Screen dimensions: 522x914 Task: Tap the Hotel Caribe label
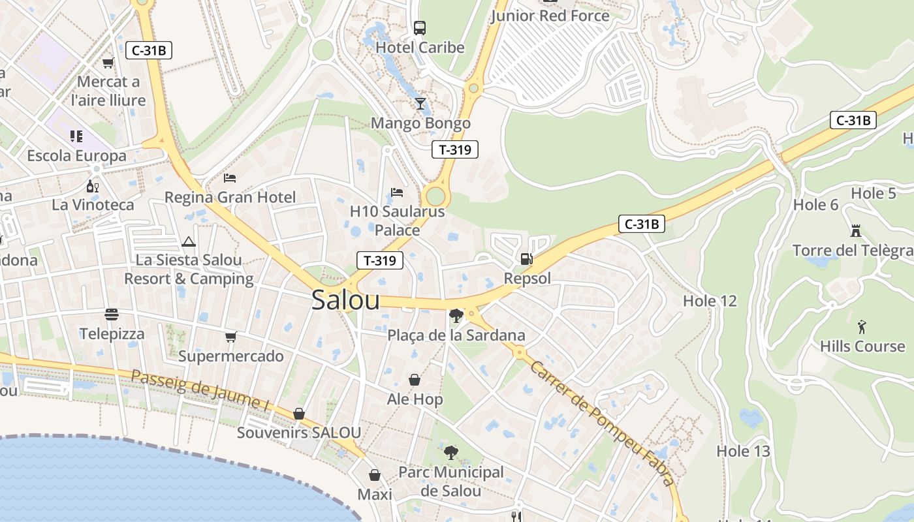point(420,48)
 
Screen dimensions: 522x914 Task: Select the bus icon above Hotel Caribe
point(420,28)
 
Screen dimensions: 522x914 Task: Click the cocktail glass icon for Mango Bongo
point(420,103)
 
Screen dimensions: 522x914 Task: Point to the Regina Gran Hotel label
point(230,197)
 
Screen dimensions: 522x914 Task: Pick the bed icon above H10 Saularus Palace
point(397,192)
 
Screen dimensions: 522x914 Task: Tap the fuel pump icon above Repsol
point(526,259)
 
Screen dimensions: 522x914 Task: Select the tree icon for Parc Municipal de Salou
point(450,452)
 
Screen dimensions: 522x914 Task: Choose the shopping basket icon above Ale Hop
point(414,379)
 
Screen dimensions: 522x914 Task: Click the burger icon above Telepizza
point(112,315)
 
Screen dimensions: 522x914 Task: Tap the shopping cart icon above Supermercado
point(230,337)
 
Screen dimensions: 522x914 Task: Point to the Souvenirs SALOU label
point(298,433)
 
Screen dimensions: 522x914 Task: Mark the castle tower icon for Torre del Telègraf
point(856,230)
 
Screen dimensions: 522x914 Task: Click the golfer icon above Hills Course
point(862,326)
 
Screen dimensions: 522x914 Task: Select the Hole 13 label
point(743,451)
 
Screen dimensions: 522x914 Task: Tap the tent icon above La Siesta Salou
point(189,241)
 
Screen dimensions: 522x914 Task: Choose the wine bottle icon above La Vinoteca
point(93,186)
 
